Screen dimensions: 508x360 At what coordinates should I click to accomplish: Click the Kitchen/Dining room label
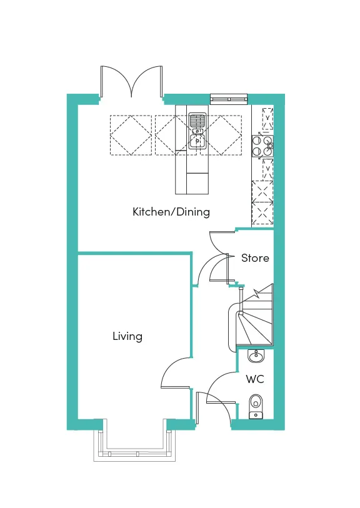(x=171, y=212)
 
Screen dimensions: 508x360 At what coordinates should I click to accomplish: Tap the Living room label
(x=127, y=336)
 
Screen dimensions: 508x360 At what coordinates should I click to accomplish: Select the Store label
(x=255, y=258)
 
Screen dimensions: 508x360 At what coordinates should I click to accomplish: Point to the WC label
(x=254, y=379)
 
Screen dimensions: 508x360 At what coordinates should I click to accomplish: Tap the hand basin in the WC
(x=255, y=357)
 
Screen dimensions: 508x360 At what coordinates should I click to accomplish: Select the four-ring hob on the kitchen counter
(x=262, y=146)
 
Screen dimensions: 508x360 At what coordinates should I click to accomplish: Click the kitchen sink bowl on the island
(x=197, y=142)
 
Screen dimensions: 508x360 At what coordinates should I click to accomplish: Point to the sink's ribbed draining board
(x=197, y=120)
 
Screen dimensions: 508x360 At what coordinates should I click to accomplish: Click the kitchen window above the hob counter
(x=229, y=97)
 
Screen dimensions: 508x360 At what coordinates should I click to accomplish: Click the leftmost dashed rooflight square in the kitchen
(x=131, y=135)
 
